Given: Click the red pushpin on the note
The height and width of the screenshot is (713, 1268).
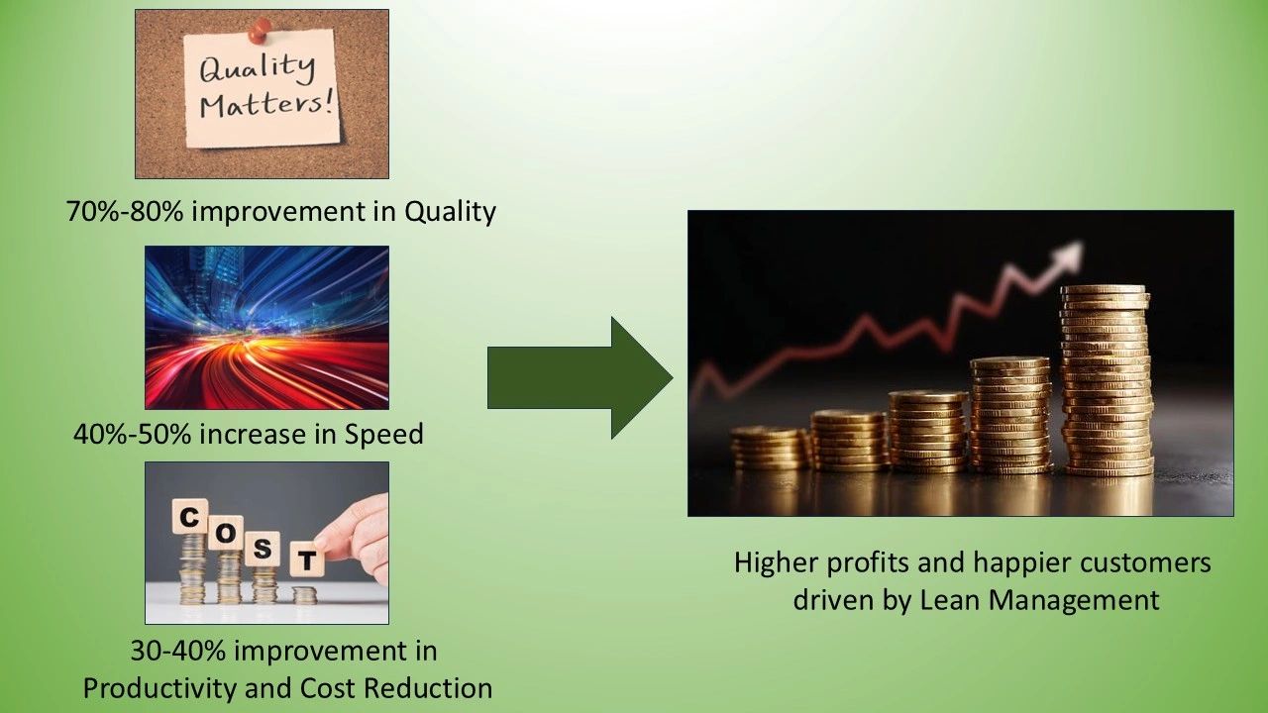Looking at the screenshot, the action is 260,30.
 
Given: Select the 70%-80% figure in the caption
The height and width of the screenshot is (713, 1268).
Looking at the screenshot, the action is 125,212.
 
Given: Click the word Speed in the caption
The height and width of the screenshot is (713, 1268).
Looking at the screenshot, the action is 383,435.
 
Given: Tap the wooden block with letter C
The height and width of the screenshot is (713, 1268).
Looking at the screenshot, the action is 189,517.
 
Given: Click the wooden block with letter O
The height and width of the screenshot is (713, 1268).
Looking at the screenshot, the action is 226,533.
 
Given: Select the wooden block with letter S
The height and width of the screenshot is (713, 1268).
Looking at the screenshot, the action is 263,549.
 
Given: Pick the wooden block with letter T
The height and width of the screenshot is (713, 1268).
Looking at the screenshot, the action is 307,560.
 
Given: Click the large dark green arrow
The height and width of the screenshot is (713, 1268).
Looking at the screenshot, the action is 581,378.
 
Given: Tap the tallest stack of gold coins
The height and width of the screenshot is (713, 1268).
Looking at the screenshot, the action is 1107,380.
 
